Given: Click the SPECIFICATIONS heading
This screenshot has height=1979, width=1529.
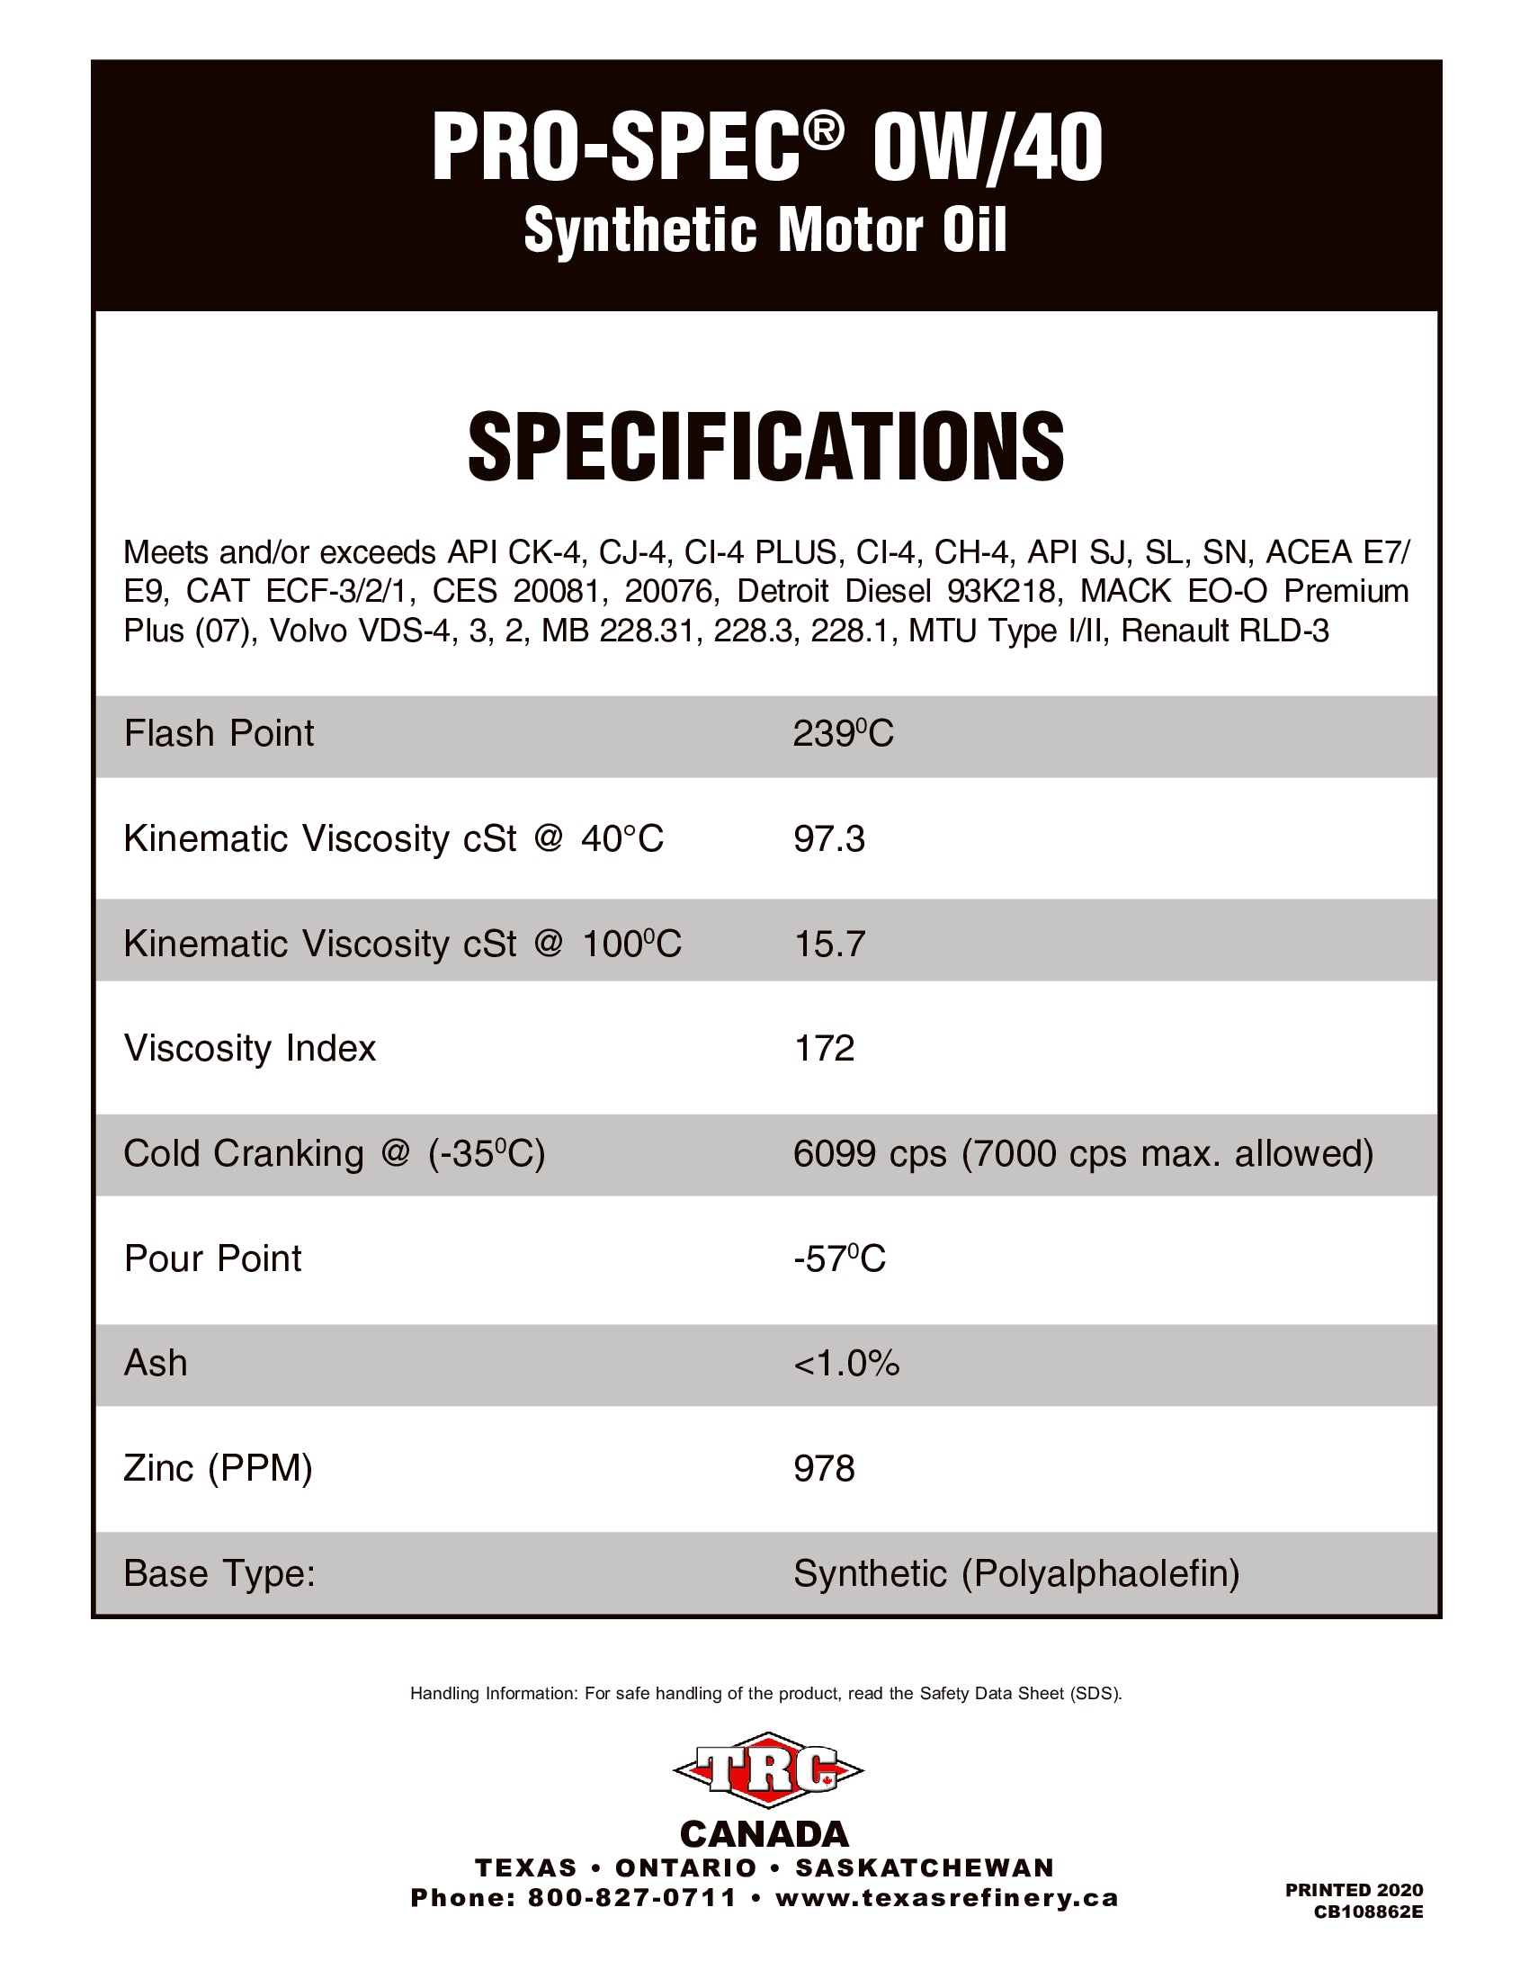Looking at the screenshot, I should pos(765,447).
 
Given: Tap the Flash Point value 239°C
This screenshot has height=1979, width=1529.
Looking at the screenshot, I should pos(843,734).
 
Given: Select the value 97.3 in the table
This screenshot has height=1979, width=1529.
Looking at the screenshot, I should pos(829,839).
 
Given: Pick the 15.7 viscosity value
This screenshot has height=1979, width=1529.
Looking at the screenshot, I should pos(829,945).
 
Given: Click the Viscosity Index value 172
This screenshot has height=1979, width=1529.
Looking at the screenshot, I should pos(823,1048).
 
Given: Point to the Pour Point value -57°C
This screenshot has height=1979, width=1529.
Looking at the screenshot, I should pos(839,1258).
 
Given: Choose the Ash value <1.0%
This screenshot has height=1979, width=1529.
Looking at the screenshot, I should pos(846,1364).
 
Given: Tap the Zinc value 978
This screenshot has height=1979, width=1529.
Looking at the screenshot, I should pos(823,1469).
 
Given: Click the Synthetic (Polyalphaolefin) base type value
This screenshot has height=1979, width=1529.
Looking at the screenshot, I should pos(1015,1574).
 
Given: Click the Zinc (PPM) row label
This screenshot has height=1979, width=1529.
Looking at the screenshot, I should pos(218,1469).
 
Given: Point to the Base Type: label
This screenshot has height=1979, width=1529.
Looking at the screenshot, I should pos(219,1574).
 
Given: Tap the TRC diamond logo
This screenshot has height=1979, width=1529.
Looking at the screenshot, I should pos(767,1769).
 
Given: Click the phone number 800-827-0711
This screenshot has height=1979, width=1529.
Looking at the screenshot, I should pos(631,1897).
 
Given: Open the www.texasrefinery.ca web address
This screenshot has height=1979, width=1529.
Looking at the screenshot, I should pos(946,1897).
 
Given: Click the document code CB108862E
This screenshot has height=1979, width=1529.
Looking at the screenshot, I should pos(1368,1912).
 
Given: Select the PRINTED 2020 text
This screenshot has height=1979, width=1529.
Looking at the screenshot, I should pos(1354,1890).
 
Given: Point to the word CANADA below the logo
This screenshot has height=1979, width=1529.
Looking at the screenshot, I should pos(764,1835).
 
